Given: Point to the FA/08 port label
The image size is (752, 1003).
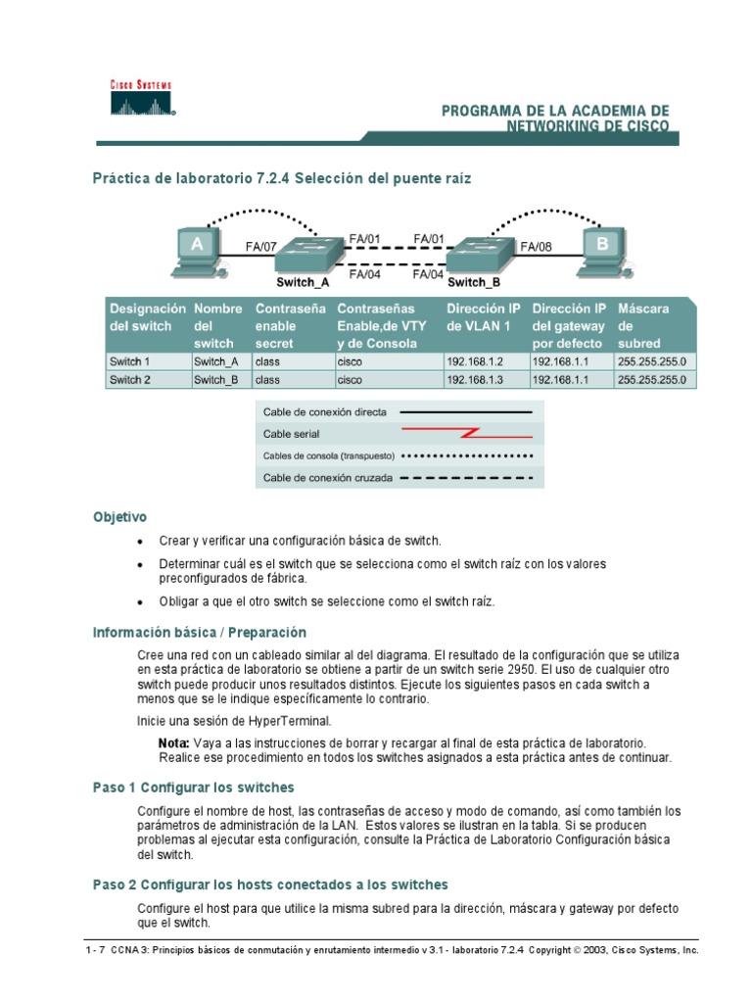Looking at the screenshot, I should [537, 248].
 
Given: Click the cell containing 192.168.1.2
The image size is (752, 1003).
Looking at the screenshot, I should [473, 360].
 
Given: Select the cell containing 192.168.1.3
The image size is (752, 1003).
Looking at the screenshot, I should [473, 380].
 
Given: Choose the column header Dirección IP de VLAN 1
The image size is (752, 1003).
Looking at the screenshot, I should [483, 316].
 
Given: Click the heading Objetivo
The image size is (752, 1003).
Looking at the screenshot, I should [119, 516].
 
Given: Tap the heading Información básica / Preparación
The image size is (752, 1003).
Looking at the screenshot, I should [200, 632].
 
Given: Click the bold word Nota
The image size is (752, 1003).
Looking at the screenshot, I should [174, 743].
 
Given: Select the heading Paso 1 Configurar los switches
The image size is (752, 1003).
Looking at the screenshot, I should [194, 788].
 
